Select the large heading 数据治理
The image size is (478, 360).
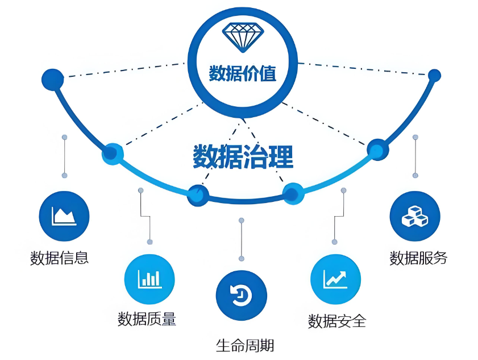click(243, 157)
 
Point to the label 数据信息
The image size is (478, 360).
click(60, 258)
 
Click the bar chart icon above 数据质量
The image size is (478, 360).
click(149, 279)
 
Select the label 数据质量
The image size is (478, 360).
click(147, 319)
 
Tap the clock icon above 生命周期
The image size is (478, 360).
click(241, 295)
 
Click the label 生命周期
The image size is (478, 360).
click(241, 345)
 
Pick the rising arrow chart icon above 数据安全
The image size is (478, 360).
click(335, 279)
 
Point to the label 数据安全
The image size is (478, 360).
click(337, 321)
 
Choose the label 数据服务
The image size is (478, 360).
click(418, 258)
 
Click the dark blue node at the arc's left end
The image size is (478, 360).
click(53, 78)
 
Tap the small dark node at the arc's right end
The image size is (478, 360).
click(434, 75)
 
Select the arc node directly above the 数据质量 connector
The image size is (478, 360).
click(112, 153)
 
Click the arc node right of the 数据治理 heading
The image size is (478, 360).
click(377, 150)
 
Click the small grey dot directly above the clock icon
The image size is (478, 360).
click(241, 220)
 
